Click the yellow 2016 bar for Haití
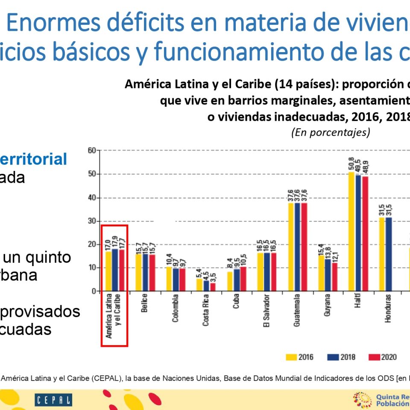(352, 231)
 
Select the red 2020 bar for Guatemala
(304, 247)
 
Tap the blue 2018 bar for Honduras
(389, 254)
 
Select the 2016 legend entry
(299, 357)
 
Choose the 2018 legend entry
(341, 357)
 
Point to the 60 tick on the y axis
(91, 151)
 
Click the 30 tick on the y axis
(91, 221)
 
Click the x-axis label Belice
(145, 304)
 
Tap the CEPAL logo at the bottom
(53, 400)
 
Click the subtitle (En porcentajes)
(330, 132)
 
